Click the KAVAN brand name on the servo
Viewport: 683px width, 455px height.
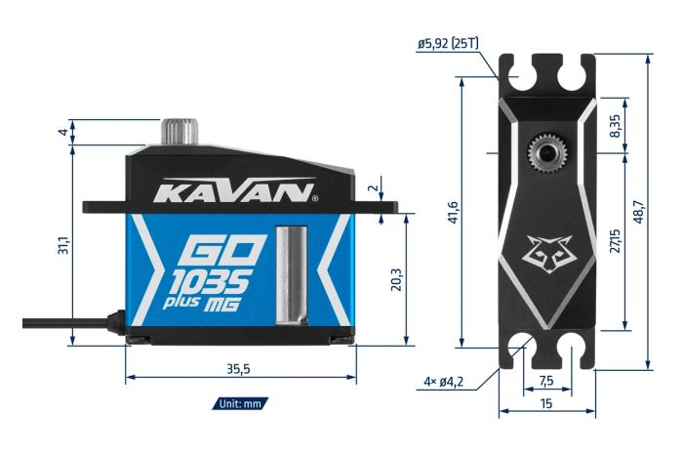tap(235, 189)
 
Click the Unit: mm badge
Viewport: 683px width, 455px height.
tap(239, 402)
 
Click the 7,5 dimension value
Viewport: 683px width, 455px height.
tap(546, 380)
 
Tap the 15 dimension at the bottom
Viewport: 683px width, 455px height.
tap(546, 402)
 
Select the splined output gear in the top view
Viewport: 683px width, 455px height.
tap(546, 153)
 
